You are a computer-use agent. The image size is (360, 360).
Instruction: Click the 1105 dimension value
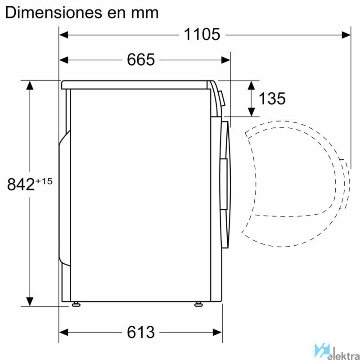[x=202, y=35]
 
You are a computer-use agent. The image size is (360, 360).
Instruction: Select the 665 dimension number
[x=141, y=60]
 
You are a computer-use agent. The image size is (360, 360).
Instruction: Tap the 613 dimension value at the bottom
[x=141, y=332]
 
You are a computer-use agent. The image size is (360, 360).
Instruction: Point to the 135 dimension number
[x=272, y=99]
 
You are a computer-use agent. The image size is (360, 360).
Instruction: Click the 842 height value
[x=21, y=184]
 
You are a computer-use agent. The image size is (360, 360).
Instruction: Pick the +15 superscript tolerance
[x=44, y=181]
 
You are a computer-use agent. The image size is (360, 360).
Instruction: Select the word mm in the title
[x=145, y=14]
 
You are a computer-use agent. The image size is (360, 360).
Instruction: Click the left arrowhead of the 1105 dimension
[x=64, y=35]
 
